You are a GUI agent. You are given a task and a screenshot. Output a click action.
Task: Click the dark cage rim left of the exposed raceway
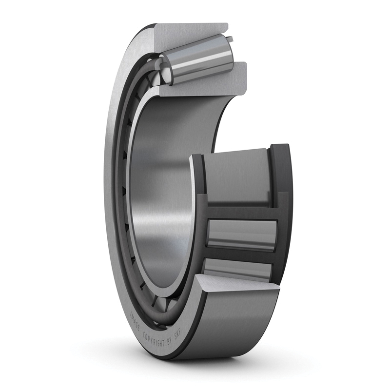pos(197,195)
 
